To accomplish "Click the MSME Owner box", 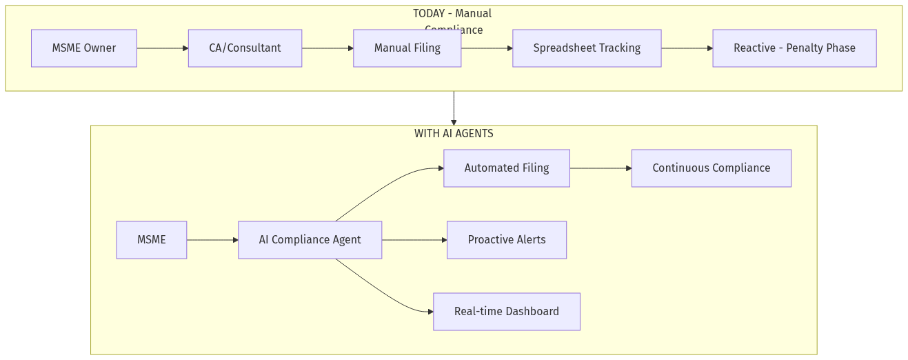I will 84,48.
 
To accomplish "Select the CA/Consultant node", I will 245,48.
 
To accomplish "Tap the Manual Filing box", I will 407,48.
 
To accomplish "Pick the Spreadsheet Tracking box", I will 587,48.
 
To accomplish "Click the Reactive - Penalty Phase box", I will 794,48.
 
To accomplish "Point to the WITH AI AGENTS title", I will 454,134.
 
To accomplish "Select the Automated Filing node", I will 506,168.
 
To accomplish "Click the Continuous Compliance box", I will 711,168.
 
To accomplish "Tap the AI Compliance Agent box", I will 310,240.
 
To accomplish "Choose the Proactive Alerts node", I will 506,240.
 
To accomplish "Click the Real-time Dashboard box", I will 506,312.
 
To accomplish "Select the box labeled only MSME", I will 151,240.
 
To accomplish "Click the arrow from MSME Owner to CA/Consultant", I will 162,48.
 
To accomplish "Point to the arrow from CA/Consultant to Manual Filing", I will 327,48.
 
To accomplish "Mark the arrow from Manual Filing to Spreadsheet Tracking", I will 487,48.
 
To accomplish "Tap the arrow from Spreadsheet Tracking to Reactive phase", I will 687,48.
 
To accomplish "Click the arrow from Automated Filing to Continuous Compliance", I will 601,168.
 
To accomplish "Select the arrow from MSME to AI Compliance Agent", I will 212,240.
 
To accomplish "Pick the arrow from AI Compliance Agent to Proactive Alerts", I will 414,240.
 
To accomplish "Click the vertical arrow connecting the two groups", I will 454,108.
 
